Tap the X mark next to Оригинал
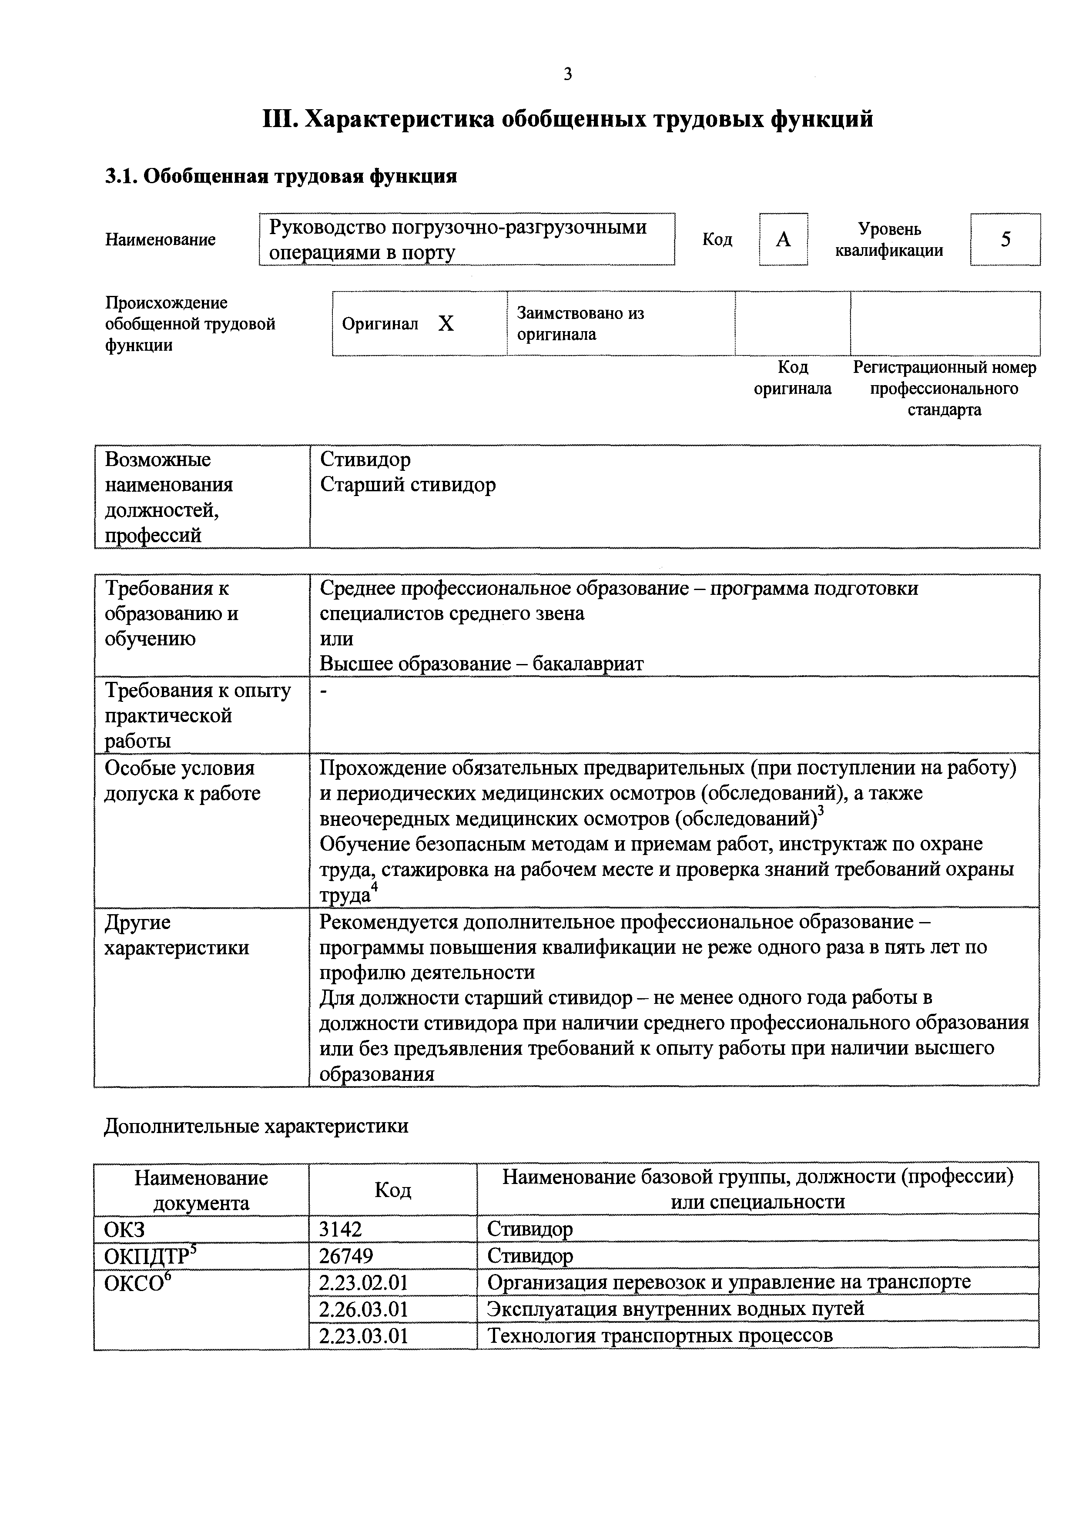coord(446,324)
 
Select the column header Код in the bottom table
coord(393,1190)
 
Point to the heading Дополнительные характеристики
coord(256,1126)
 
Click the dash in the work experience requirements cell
coord(324,693)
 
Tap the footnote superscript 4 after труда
coord(375,888)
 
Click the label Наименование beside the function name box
coord(160,239)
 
